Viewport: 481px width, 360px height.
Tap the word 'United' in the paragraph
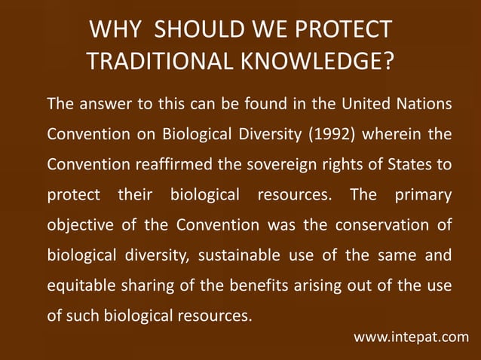(x=363, y=103)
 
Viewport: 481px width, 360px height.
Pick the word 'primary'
(x=422, y=196)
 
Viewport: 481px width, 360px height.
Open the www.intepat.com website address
(x=411, y=337)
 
